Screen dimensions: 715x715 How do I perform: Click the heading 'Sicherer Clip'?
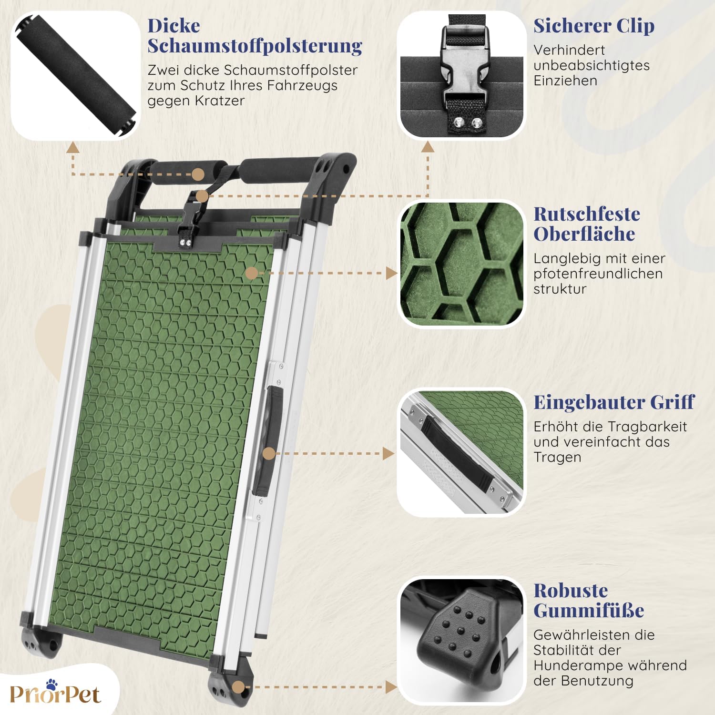pos(594,26)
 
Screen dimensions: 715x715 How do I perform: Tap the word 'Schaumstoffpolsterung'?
pos(255,46)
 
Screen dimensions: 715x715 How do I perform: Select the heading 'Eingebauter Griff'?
pos(614,402)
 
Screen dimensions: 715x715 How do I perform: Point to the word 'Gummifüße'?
pos(589,610)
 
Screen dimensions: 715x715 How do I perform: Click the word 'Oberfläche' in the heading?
pos(584,234)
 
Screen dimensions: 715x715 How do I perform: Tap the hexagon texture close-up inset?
pos(461,264)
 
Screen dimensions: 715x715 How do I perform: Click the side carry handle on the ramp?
pos(268,441)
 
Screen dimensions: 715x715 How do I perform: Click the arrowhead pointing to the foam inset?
pos(72,147)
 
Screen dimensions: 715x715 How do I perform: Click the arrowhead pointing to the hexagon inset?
pos(391,273)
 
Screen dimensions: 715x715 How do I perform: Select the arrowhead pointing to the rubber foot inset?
pos(391,687)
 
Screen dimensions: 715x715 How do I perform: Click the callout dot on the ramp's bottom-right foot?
pos(238,687)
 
